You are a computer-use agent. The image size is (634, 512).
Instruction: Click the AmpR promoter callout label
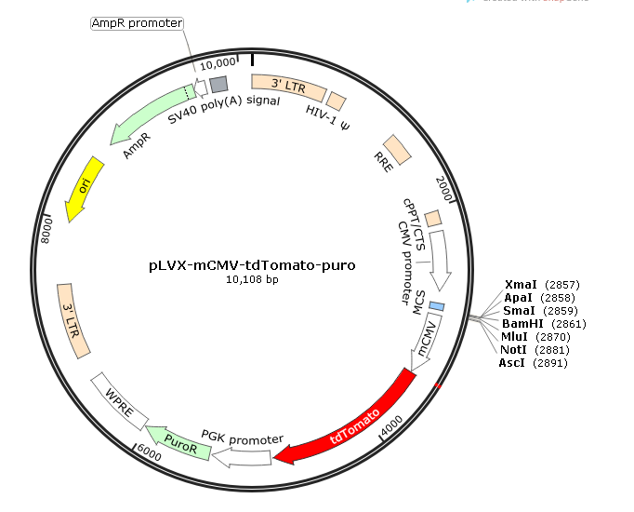pos(138,22)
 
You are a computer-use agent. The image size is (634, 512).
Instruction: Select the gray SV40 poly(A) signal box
pos(218,83)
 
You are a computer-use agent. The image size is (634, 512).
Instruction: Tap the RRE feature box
pos(398,148)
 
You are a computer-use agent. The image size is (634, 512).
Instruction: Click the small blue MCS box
pos(436,306)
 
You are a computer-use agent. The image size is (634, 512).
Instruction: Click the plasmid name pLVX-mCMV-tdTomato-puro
pos(252,264)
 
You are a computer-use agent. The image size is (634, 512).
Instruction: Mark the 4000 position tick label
pos(391,424)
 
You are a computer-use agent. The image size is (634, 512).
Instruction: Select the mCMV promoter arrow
pos(425,343)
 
